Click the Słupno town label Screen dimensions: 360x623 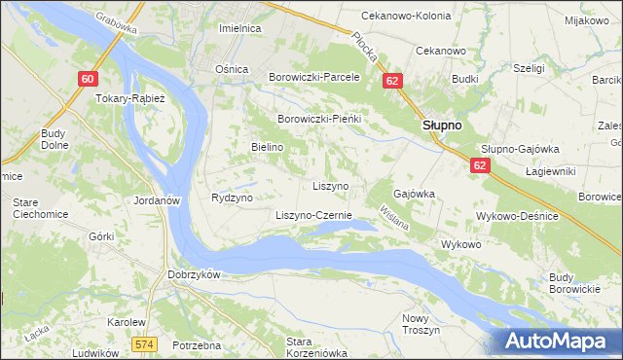point(441,126)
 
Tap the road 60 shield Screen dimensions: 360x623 point(89,79)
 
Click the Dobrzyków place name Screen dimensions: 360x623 point(195,274)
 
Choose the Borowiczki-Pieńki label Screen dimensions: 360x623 point(319,119)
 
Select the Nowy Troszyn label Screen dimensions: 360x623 point(416,324)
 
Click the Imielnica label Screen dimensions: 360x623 point(239,28)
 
